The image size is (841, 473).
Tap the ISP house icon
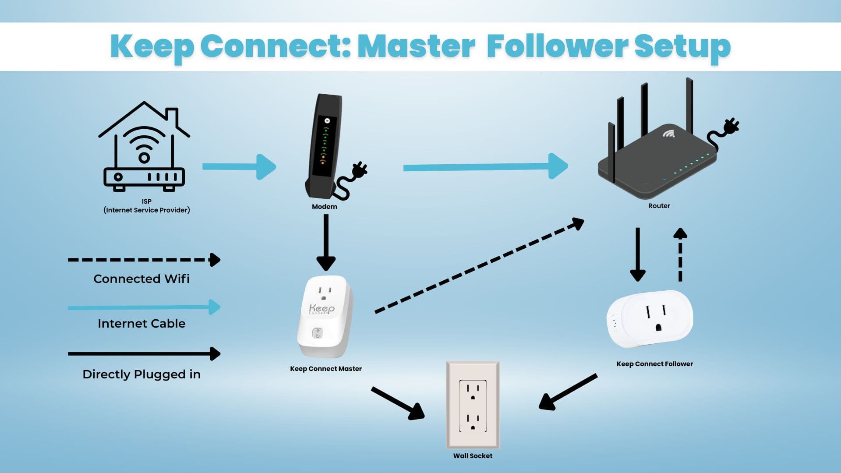[144, 146]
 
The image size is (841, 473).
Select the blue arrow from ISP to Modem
[239, 166]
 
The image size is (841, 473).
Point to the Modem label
[324, 207]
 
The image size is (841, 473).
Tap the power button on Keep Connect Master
[318, 334]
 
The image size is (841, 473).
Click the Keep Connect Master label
[325, 369]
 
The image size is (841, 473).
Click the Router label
[659, 206]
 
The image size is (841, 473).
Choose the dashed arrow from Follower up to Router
[680, 254]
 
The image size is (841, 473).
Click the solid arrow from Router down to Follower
[637, 254]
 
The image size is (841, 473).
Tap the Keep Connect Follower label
[654, 364]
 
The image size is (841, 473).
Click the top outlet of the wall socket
[473, 391]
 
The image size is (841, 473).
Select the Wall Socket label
[473, 456]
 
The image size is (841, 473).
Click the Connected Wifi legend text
[141, 279]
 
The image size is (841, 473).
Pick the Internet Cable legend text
[141, 324]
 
